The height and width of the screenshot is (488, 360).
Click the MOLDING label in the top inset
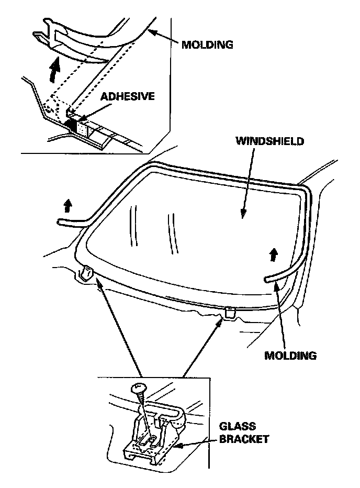click(x=207, y=44)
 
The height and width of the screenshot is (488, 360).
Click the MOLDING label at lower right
click(x=290, y=356)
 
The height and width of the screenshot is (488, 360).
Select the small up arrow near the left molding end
click(x=67, y=206)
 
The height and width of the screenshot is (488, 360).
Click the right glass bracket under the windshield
click(x=229, y=313)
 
